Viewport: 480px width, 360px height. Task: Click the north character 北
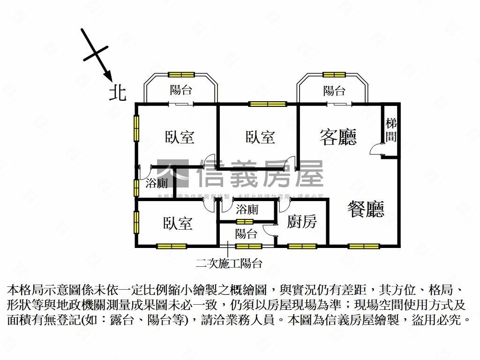[x=118, y=92]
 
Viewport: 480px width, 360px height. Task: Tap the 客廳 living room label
[x=338, y=136]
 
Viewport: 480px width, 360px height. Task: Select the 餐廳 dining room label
[x=366, y=209]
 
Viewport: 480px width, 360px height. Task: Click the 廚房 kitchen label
[x=301, y=222]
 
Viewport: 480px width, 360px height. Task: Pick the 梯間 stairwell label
[x=391, y=130]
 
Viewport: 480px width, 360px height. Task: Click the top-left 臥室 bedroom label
[x=180, y=137]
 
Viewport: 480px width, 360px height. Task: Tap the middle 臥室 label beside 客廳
[x=260, y=137]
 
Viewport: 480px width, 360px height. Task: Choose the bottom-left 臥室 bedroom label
[x=178, y=223]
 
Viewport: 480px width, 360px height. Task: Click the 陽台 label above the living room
[x=334, y=91]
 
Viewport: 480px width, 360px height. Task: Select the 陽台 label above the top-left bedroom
[x=181, y=90]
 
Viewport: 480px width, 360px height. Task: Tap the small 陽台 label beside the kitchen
[x=246, y=233]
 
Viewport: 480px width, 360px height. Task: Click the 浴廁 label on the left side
[x=157, y=183]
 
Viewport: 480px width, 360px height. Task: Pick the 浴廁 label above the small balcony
[x=247, y=209]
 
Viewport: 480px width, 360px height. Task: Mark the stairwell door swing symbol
[x=376, y=149]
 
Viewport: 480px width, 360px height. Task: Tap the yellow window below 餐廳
[x=364, y=246]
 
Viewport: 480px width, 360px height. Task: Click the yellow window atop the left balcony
[x=181, y=74]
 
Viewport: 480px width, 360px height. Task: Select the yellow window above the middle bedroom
[x=267, y=104]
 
